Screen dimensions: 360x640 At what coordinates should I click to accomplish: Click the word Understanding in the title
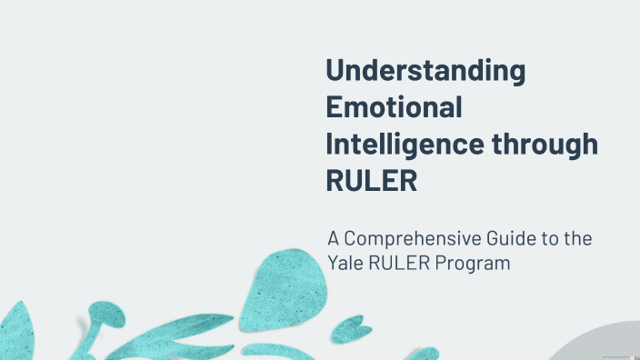[425, 72]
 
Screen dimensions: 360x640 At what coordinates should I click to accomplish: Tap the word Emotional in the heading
[393, 107]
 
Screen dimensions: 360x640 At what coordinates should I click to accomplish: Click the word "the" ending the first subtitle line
[576, 240]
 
